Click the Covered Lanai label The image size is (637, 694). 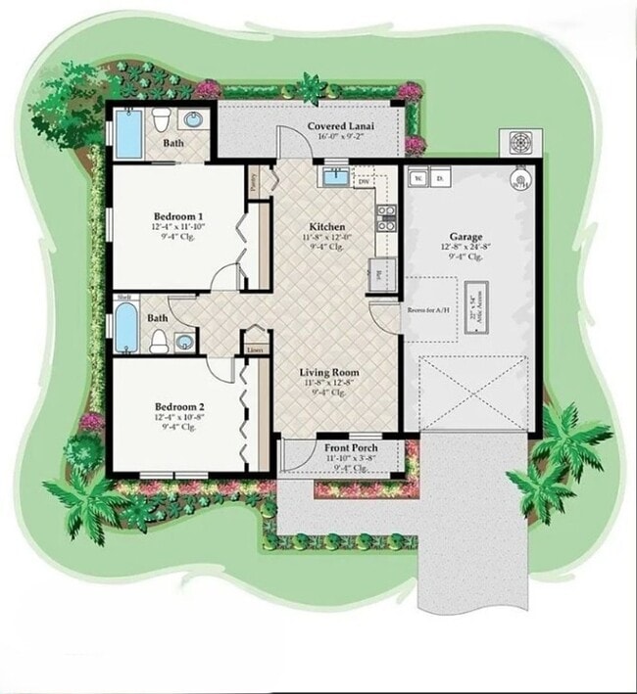click(x=343, y=127)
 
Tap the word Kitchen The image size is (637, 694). click(x=326, y=227)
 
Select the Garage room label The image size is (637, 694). click(x=465, y=237)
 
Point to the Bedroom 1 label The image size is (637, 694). click(x=178, y=216)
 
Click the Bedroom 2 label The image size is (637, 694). click(x=178, y=406)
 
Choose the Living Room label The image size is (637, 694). click(x=328, y=373)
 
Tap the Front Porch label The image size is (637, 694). click(x=350, y=448)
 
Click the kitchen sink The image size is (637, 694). click(x=335, y=177)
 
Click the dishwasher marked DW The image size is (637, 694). click(x=364, y=181)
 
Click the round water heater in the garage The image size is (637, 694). click(x=518, y=182)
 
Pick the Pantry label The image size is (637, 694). click(x=253, y=181)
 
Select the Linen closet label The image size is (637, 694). click(x=255, y=348)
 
